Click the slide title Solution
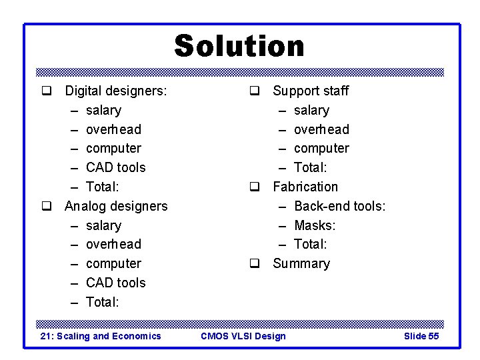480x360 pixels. pyautogui.click(x=239, y=46)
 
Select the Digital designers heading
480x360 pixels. pyautogui.click(x=116, y=91)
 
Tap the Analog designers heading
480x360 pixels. pyautogui.click(x=116, y=206)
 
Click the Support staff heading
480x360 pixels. pyautogui.click(x=311, y=91)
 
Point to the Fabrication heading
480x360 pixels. pyautogui.click(x=305, y=187)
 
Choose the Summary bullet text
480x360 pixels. pyautogui.click(x=301, y=263)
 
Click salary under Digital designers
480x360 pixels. pyautogui.click(x=103, y=110)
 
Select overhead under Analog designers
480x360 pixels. pyautogui.click(x=113, y=244)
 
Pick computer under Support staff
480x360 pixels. pyautogui.click(x=321, y=148)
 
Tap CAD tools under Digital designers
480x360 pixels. pyautogui.click(x=115, y=167)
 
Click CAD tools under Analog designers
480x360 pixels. pyautogui.click(x=115, y=283)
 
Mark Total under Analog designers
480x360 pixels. pyautogui.click(x=103, y=302)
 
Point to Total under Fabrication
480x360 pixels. pyautogui.click(x=311, y=244)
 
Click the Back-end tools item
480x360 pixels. pyautogui.click(x=339, y=206)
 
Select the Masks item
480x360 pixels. pyautogui.click(x=315, y=225)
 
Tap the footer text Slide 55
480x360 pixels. pyautogui.click(x=421, y=336)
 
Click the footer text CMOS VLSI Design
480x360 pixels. pyautogui.click(x=243, y=336)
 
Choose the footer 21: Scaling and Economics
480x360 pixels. pyautogui.click(x=101, y=336)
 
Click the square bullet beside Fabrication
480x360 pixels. pyautogui.click(x=254, y=187)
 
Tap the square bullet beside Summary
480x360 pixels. pyautogui.click(x=254, y=264)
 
